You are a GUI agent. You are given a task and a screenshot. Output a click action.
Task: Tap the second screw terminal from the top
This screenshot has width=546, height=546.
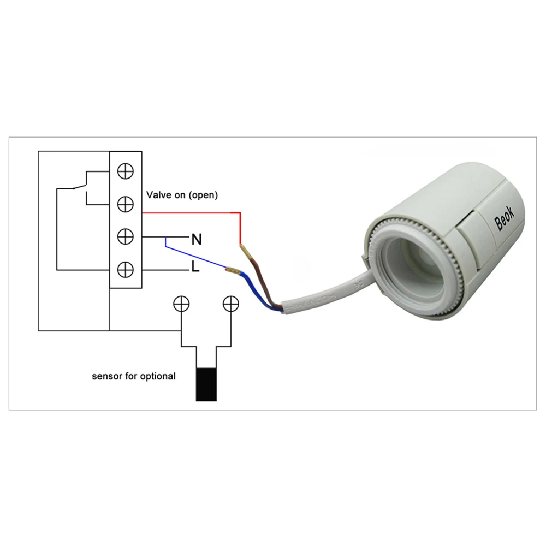tap(126, 204)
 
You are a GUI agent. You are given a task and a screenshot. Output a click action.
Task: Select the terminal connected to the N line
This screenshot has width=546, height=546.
tap(126, 236)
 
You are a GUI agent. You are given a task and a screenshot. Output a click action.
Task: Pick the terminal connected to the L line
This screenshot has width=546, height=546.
tap(126, 269)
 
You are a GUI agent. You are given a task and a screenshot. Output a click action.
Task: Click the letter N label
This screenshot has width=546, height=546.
tap(195, 239)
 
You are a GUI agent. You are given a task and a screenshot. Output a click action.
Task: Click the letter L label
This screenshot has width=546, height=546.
tap(195, 268)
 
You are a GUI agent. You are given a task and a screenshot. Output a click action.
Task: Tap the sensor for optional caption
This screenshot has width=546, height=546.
tap(134, 376)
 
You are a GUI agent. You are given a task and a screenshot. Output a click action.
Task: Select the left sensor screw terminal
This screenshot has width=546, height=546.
tap(181, 303)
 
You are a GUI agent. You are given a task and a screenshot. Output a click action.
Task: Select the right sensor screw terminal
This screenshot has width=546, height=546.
tap(230, 303)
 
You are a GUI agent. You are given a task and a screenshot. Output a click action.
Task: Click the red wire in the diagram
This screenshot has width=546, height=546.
tap(191, 212)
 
